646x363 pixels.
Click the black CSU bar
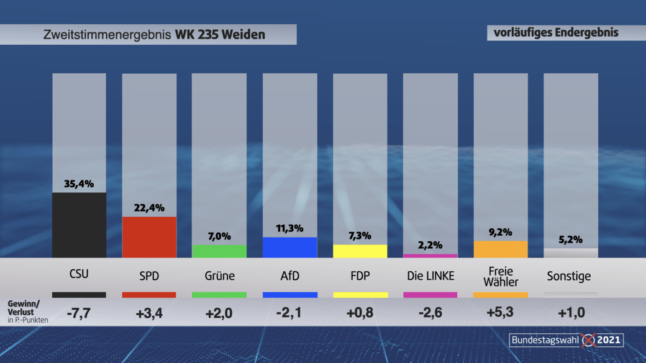click(79, 225)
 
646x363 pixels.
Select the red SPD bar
click(149, 236)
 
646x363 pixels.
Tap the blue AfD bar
click(289, 247)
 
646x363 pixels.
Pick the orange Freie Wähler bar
click(501, 249)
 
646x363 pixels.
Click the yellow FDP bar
click(360, 251)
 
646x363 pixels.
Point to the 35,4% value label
click(79, 184)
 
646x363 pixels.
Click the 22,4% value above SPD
click(149, 208)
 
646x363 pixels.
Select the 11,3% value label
click(289, 228)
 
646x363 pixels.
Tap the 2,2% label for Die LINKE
click(430, 245)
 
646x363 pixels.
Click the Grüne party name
click(220, 276)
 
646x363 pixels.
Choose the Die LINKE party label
click(430, 276)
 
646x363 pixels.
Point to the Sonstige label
click(569, 276)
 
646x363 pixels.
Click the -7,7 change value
click(79, 313)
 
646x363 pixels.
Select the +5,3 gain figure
click(501, 313)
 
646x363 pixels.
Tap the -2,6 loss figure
click(430, 313)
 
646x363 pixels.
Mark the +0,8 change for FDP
click(360, 313)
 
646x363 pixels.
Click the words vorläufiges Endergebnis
click(556, 32)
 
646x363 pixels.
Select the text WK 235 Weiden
click(220, 35)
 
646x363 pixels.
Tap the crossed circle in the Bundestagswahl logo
click(588, 340)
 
